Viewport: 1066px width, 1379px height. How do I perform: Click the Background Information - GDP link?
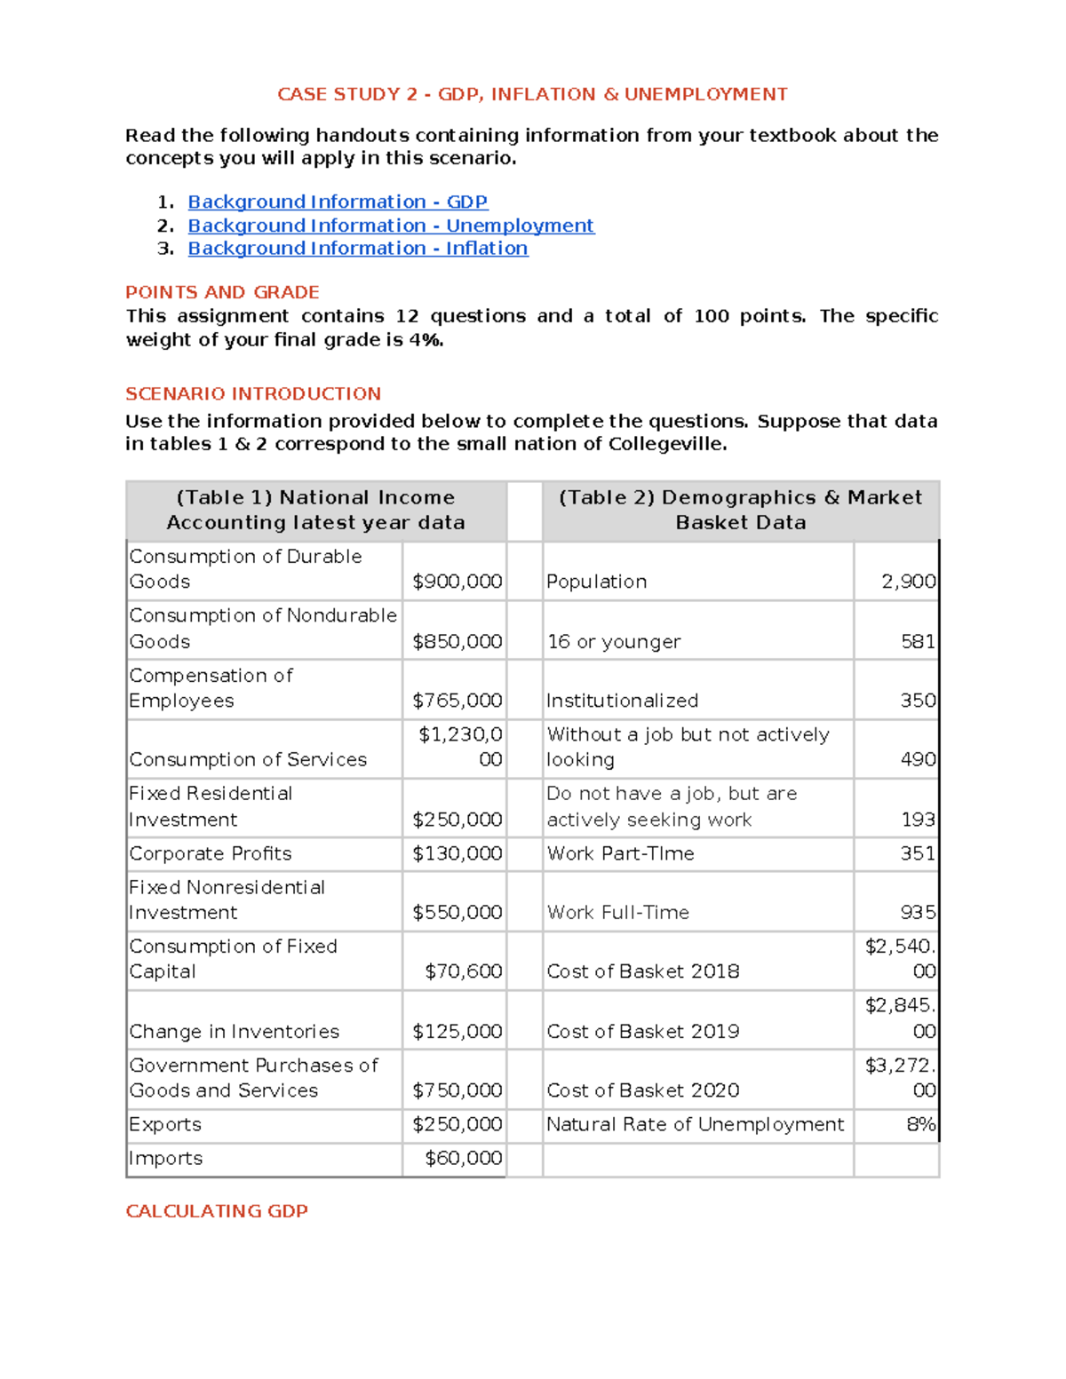point(338,202)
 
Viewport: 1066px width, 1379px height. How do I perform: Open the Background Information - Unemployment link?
point(391,226)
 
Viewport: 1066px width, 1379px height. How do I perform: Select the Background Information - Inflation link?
point(358,249)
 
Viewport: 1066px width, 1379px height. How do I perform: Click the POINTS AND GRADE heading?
point(222,292)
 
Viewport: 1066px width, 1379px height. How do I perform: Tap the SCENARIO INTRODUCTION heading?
point(253,393)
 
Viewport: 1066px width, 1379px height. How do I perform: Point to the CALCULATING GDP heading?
point(217,1211)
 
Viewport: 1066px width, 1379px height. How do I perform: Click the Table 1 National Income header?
point(315,510)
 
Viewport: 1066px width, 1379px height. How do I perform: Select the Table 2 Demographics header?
point(740,510)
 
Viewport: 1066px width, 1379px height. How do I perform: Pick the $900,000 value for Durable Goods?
point(457,582)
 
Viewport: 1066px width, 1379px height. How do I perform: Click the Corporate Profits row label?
point(211,853)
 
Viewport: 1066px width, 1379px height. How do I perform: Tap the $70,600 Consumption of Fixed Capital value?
point(464,971)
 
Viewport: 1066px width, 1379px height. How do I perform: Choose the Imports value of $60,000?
point(464,1158)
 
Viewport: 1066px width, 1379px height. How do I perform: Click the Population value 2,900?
point(908,582)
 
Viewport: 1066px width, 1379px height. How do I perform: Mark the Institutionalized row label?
point(622,701)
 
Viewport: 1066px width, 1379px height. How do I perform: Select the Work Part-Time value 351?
point(918,853)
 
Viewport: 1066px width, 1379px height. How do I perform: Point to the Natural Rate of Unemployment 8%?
point(920,1124)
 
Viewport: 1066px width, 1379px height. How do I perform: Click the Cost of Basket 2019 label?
point(643,1031)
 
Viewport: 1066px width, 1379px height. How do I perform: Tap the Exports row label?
point(165,1124)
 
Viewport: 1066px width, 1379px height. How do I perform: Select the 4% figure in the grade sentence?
point(426,340)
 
